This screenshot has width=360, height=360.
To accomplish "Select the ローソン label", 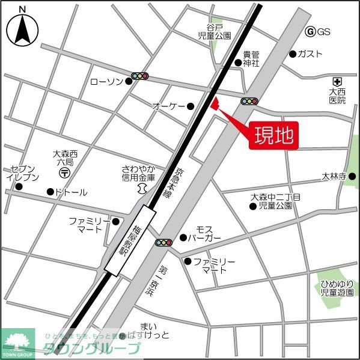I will click(x=107, y=82).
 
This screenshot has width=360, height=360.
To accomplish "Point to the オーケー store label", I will click(x=168, y=106).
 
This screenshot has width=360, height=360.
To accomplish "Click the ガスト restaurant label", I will click(x=310, y=53).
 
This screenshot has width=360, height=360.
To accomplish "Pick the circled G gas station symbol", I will click(x=311, y=32).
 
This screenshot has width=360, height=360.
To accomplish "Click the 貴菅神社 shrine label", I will click(x=251, y=58).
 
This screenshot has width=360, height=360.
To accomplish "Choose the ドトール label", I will click(x=71, y=192).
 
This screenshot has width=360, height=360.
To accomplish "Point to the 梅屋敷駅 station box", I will click(x=130, y=240).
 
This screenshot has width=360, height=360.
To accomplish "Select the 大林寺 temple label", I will click(x=334, y=177).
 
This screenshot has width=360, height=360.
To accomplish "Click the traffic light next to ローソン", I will click(x=140, y=76).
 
